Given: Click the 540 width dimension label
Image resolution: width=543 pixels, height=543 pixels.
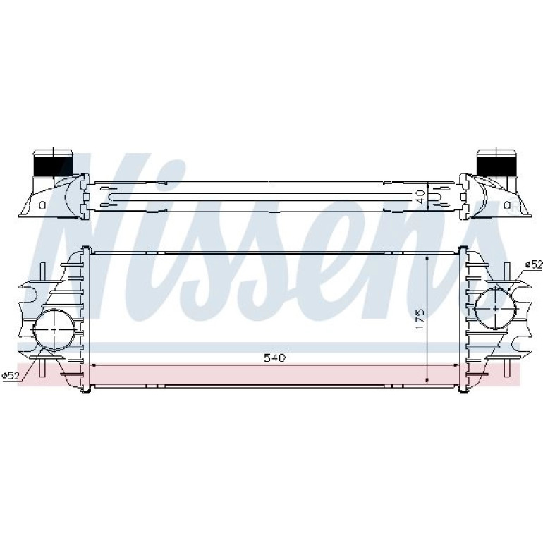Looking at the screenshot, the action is tap(274, 358).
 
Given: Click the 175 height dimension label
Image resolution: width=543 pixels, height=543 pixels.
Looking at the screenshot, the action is tap(420, 319).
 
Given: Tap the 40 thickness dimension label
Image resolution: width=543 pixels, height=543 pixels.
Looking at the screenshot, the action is tap(420, 196).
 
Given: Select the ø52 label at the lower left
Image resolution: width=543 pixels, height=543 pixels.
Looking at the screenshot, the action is tap(11, 375).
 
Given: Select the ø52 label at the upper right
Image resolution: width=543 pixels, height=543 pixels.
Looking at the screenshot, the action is tap(534, 264).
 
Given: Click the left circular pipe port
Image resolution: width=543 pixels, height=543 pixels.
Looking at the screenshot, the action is tap(54, 329).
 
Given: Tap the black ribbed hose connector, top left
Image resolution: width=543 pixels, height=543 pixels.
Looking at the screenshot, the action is tap(53, 166).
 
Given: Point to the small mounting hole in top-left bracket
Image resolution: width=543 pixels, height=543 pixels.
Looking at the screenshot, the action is tap(42, 206).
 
